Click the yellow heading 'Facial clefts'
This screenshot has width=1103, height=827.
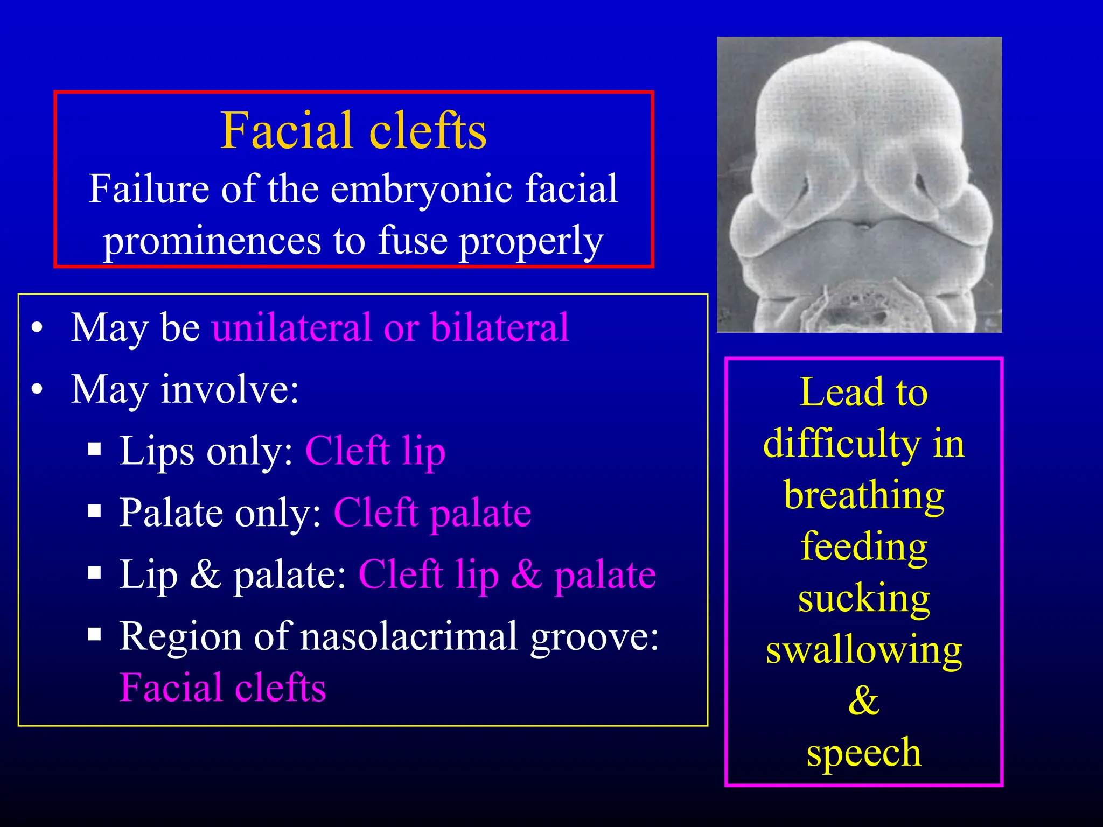tap(353, 131)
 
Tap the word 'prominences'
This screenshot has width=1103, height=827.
tap(212, 241)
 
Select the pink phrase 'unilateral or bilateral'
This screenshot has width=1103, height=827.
tap(390, 327)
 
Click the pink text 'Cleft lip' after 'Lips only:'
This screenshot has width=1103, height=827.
tap(375, 451)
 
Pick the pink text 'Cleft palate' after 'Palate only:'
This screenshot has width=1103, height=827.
tap(432, 513)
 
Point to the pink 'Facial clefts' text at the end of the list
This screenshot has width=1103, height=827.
tap(222, 688)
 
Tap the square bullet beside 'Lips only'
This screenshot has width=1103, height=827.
tap(95, 450)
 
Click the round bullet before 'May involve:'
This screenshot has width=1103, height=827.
tap(37, 389)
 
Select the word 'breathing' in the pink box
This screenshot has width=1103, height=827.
tap(863, 495)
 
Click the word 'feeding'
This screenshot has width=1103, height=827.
tap(863, 547)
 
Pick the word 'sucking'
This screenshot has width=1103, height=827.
tap(863, 598)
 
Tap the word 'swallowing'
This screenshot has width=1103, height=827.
tap(863, 650)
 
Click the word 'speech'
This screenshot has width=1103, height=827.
tap(863, 753)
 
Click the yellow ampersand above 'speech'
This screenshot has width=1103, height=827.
tap(863, 700)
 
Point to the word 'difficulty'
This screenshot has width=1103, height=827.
tap(842, 444)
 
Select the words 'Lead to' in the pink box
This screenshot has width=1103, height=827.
tap(863, 392)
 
